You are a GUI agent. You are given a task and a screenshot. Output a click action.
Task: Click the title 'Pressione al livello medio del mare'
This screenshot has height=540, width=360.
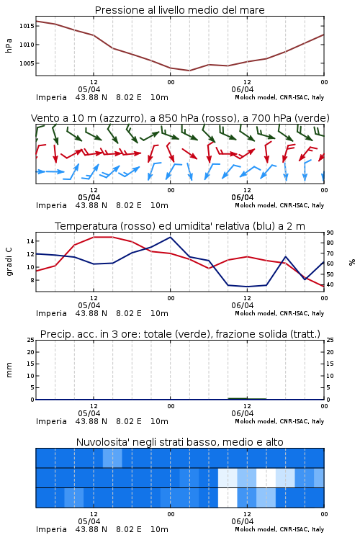pos(179,10)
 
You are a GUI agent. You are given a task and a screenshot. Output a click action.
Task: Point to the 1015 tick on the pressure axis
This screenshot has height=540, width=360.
pos(27,26)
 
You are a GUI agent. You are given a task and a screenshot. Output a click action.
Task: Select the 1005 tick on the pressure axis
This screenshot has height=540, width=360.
pos(27,63)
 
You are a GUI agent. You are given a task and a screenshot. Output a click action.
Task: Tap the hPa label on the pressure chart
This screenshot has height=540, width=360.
pos(9,45)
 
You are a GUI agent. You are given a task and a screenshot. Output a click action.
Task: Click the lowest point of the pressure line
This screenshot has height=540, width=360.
pos(189,71)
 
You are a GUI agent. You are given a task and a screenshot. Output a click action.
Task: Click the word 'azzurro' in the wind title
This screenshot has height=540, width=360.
pos(121,118)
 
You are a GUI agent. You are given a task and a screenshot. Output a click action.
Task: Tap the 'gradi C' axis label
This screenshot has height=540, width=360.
pos(9,262)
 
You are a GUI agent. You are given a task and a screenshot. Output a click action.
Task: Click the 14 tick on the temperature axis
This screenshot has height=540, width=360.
pos(30,241)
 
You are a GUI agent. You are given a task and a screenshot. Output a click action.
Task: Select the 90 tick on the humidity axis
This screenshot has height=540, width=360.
pos(330,233)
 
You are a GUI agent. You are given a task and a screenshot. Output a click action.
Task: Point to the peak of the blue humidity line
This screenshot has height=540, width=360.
pos(170,237)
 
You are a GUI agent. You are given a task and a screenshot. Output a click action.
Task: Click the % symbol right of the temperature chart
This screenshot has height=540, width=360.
pos(352,262)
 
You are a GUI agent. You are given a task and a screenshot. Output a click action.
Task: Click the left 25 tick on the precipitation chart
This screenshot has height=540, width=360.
pos(31,340)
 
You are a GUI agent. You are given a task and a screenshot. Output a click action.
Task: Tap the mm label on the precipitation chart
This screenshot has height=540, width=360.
pos(9,370)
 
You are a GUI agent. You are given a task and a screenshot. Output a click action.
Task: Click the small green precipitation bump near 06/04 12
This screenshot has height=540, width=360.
pos(247,398)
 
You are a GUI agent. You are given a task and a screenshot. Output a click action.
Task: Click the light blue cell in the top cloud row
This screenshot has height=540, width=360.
pos(112,458)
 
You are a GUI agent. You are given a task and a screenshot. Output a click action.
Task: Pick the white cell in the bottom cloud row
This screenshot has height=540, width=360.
pos(228,498)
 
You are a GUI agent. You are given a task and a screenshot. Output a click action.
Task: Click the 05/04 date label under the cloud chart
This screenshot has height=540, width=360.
pos(89,521)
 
